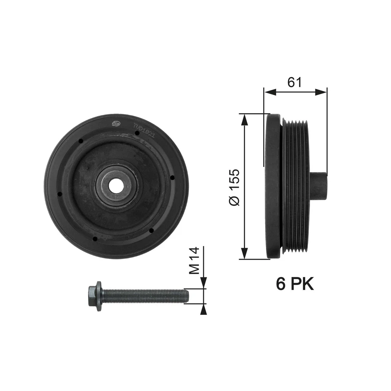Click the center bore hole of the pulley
(x=116, y=186)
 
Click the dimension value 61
(x=294, y=82)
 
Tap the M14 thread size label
(x=194, y=261)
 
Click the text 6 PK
(x=295, y=284)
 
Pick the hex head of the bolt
(x=94, y=295)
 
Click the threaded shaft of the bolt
(x=147, y=295)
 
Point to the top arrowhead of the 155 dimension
(x=244, y=118)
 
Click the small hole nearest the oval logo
(x=81, y=141)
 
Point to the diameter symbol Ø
(x=235, y=200)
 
